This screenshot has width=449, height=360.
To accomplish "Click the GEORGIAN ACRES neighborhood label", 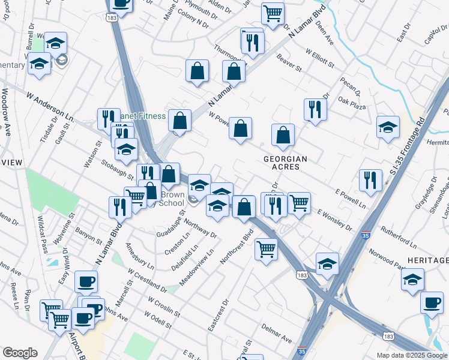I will pos(286,163).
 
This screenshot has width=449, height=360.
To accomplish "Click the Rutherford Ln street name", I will pos(394,238).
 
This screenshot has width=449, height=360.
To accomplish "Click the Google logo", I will pos(20,353).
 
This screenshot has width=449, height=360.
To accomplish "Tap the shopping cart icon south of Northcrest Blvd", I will pos(266,248).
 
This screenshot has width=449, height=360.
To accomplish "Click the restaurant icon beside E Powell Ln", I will pos(370,179).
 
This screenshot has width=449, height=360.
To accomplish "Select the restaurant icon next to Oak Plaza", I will pos(315,109).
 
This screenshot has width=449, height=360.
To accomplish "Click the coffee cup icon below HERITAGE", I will pos(432,302).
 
